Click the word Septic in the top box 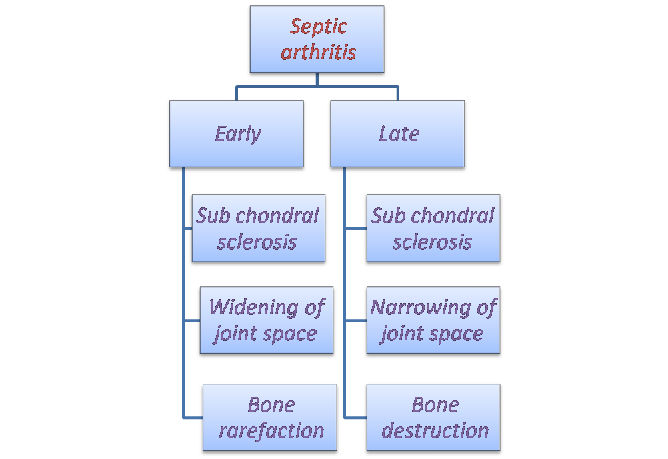point(319,27)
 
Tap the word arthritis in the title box point(319,53)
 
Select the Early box point(237,133)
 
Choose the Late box point(398,133)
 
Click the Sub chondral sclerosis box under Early point(258,229)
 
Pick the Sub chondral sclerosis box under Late point(433,229)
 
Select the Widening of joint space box point(265,320)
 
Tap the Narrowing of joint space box point(433,320)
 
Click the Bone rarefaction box point(271,418)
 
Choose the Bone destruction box point(434,418)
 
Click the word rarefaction point(271,430)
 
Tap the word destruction point(435,430)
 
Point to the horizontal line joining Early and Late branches point(317,86)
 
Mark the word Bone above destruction point(435,405)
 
